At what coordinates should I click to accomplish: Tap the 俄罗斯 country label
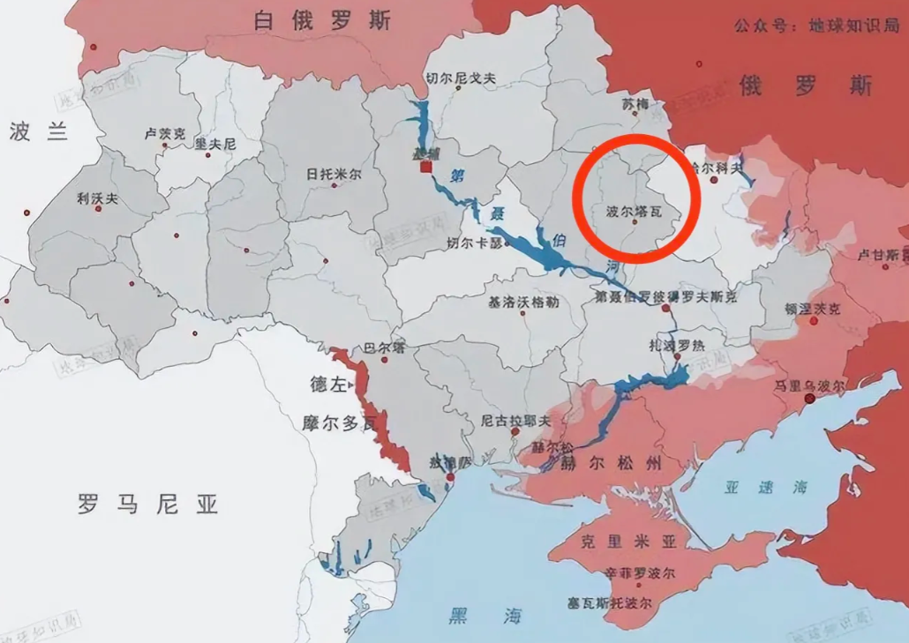point(805,86)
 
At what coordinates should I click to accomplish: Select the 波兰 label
point(38,132)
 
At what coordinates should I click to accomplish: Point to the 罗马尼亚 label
point(147,505)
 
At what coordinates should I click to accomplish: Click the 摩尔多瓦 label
point(342,423)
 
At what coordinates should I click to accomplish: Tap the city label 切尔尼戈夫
point(461,79)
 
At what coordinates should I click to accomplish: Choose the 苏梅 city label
point(635,104)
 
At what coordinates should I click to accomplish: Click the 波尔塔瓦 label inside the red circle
point(633,212)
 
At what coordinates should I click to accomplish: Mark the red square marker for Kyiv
point(425,166)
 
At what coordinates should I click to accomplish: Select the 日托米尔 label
point(334,175)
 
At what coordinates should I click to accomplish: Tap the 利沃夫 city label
point(97,198)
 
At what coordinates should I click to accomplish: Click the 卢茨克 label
point(165,134)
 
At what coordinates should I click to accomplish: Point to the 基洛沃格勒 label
point(523,302)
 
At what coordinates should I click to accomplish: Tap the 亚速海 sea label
point(752,487)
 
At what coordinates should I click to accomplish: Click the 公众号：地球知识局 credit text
point(815,26)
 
